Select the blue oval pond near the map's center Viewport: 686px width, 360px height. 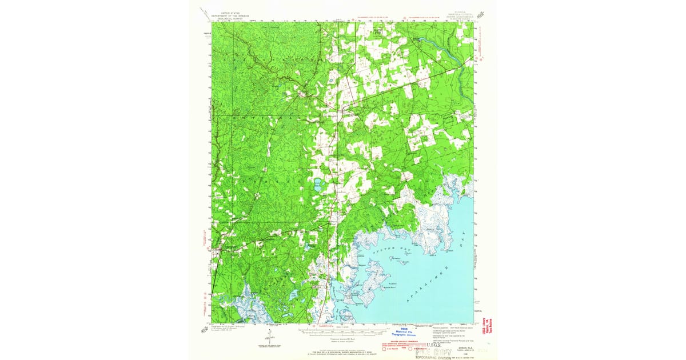point(317,184)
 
